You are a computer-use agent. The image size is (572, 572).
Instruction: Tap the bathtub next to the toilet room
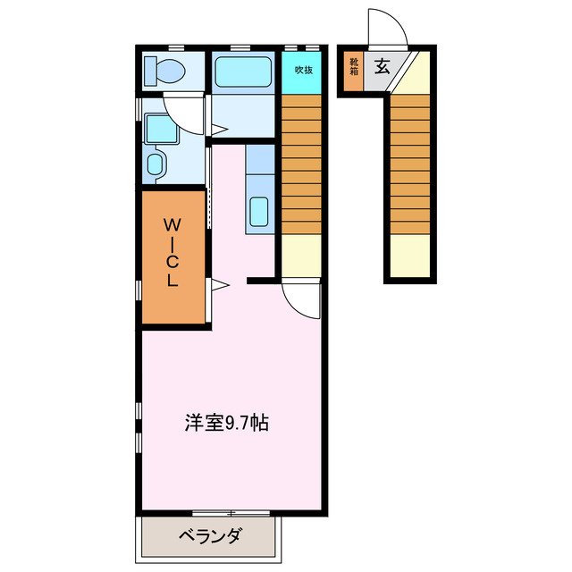click(242, 71)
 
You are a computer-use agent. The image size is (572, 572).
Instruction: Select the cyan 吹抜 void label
click(303, 70)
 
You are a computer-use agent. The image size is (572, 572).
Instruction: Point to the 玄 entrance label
click(381, 64)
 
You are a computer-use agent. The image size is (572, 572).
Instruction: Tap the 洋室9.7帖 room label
click(227, 422)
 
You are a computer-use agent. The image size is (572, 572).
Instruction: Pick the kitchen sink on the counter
click(259, 212)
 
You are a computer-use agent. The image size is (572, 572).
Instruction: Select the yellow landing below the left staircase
click(301, 254)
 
